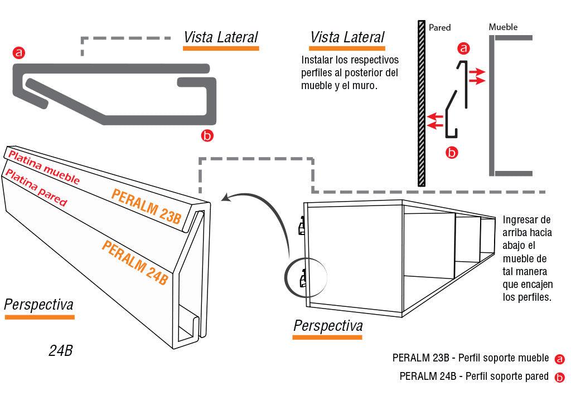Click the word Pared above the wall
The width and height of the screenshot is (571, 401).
(439, 27)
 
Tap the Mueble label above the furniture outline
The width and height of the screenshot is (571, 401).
(502, 27)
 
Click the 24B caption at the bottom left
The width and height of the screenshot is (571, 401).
(60, 351)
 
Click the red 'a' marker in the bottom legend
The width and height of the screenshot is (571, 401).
(560, 360)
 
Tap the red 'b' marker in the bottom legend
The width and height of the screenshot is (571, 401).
(560, 378)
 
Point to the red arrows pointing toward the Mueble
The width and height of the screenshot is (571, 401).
(476, 76)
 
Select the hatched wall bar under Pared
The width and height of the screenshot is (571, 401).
(420, 103)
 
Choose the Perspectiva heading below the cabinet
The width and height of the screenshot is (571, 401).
(328, 325)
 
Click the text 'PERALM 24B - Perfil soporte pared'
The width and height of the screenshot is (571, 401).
(474, 376)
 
